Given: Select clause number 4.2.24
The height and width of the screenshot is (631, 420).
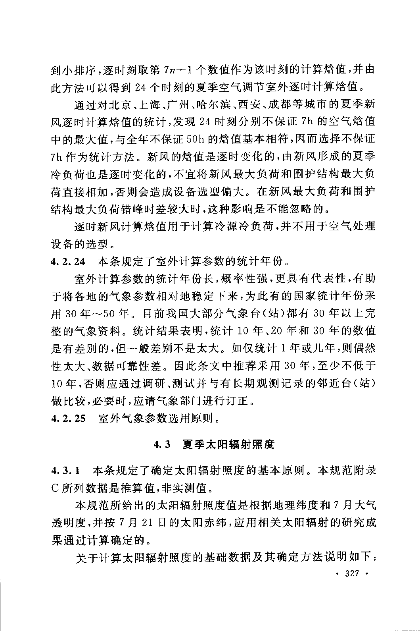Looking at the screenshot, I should coord(68,261).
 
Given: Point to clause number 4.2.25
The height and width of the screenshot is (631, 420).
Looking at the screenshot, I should coord(68,418).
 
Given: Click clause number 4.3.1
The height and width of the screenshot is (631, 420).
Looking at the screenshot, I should coord(65,471).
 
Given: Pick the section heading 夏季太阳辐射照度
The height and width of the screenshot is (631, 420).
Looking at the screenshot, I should coord(228,444).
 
